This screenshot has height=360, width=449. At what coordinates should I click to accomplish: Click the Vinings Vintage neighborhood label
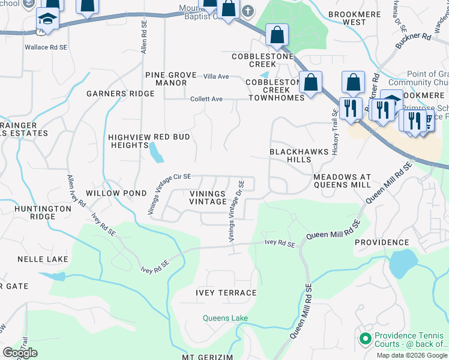click(x=208, y=198)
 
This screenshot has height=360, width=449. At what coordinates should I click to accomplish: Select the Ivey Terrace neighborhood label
click(x=226, y=293)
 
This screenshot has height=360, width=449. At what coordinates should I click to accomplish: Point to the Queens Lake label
click(x=225, y=318)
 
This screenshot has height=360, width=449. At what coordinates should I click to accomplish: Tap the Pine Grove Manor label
click(x=170, y=79)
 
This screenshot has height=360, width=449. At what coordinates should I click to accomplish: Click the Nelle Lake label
click(x=43, y=259)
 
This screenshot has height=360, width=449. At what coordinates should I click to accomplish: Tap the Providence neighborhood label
click(x=381, y=242)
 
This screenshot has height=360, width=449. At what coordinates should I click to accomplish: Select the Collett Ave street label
click(x=206, y=99)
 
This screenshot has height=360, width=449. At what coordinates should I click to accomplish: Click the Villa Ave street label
click(x=216, y=77)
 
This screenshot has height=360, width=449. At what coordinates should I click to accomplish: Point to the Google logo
click(x=20, y=353)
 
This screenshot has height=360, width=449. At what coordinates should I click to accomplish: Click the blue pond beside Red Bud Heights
click(x=155, y=153)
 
